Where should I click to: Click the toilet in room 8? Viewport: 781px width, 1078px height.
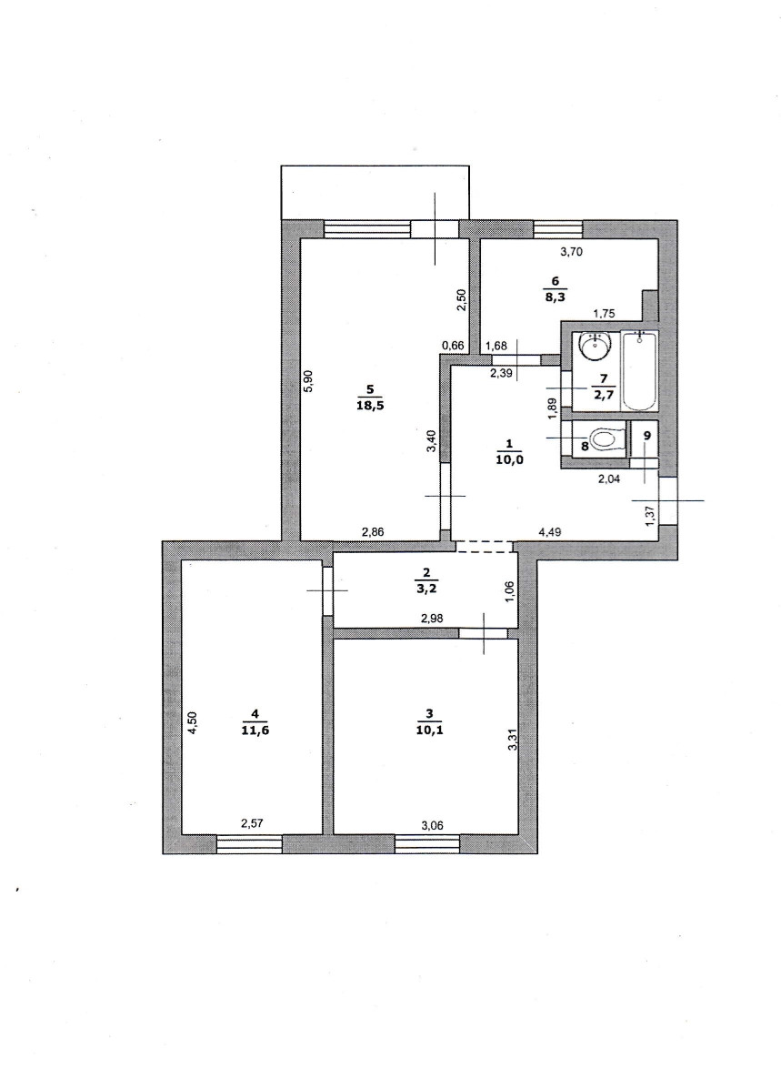point(608,439)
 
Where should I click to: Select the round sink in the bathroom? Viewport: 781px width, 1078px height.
point(595,347)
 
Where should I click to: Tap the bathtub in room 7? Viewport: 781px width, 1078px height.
point(639,370)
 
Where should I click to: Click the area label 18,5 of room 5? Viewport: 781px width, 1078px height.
point(370,407)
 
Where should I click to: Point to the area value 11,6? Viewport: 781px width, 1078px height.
point(255,730)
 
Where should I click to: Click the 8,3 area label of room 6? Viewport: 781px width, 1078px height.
point(556,298)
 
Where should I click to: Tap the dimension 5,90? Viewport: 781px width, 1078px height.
point(308,381)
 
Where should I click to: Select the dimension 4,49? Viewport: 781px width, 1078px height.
point(549,530)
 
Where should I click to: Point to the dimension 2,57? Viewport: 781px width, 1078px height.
point(252,822)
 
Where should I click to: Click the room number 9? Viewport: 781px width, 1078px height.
point(646,435)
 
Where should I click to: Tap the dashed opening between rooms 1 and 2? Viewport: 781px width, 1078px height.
point(485,547)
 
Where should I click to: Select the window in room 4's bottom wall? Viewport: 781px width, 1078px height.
point(249,843)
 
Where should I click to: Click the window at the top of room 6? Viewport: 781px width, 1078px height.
point(557,229)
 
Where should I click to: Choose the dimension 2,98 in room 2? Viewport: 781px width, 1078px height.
point(431,618)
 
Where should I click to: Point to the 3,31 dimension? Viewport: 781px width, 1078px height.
point(511,739)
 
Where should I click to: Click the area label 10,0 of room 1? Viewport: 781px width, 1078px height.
point(510,460)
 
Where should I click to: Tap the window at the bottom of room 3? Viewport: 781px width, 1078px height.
point(427,843)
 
